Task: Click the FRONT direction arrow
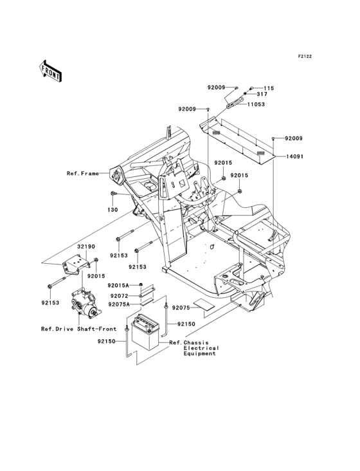point(51,70)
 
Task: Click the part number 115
point(269,88)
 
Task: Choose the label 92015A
point(118,284)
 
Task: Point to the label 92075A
point(118,304)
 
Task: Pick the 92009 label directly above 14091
point(293,138)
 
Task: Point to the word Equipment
point(199,353)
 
